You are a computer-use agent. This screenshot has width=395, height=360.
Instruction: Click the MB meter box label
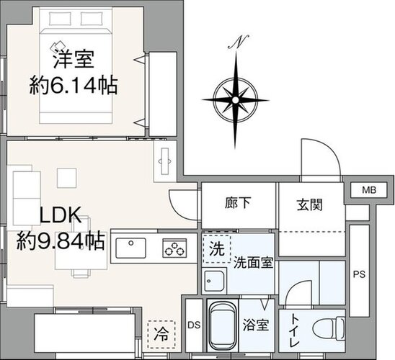[x=369, y=190]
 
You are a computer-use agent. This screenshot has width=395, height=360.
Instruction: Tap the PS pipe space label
[x=359, y=274]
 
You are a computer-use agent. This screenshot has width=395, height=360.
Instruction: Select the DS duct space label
[x=194, y=325]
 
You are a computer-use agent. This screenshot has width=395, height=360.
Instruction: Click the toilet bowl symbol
[x=328, y=328]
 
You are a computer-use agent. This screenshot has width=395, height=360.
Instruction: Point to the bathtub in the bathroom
[x=223, y=325]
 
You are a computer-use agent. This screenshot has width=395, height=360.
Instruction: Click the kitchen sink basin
[x=130, y=248]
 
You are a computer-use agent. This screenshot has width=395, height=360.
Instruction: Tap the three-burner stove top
[x=174, y=248]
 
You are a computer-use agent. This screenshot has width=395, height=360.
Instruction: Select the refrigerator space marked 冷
[x=161, y=335]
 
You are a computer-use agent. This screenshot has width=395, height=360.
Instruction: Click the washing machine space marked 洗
[x=217, y=249]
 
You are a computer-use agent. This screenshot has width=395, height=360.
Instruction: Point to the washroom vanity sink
[x=214, y=281]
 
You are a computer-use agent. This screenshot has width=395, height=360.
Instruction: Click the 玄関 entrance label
[x=310, y=204]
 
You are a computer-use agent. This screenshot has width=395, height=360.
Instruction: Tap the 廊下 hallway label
[x=238, y=203]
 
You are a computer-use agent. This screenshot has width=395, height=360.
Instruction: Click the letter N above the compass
[x=239, y=42]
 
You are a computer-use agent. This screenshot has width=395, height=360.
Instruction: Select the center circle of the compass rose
[x=236, y=100]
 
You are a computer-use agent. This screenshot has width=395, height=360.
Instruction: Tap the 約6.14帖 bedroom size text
[x=74, y=86]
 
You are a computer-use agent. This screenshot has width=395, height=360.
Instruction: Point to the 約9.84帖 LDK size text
[x=61, y=240]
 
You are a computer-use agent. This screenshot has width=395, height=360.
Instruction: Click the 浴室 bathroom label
[x=256, y=325]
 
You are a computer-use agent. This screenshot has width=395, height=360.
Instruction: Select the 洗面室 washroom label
[x=254, y=263]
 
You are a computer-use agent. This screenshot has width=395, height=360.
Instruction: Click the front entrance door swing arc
[x=328, y=148]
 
